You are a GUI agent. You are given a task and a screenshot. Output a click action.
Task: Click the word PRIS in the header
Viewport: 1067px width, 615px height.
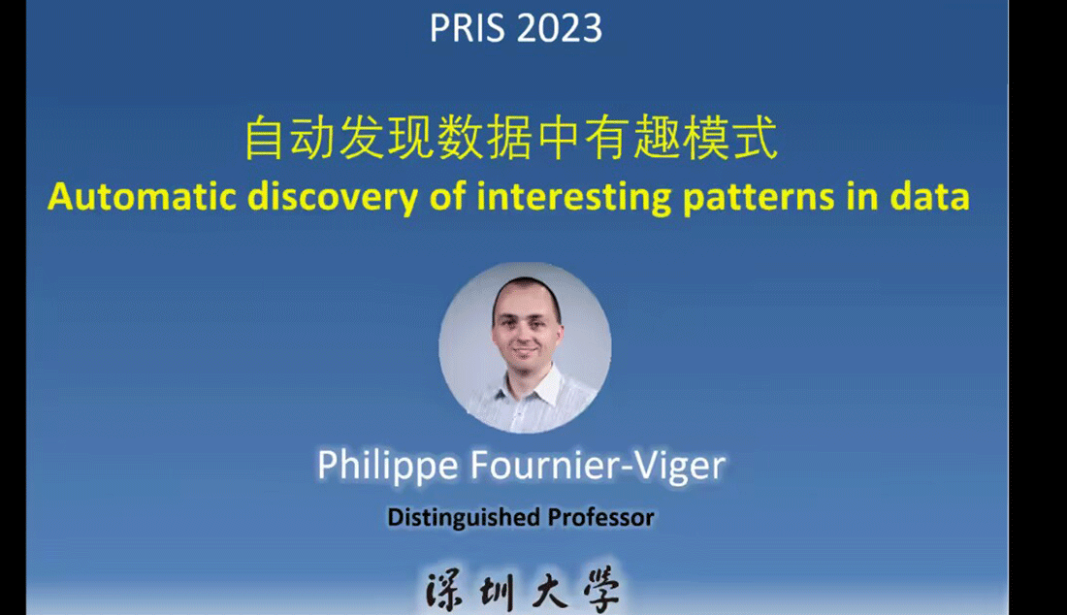467,28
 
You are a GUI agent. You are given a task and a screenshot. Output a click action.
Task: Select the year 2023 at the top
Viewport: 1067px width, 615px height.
560,28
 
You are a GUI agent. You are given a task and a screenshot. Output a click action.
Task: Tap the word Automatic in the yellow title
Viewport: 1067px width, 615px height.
143,197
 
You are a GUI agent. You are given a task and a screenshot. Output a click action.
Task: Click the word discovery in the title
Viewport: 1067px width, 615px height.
333,198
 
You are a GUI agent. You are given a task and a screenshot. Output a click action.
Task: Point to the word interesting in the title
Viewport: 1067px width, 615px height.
573,198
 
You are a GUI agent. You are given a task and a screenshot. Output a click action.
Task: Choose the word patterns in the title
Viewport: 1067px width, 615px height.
759,198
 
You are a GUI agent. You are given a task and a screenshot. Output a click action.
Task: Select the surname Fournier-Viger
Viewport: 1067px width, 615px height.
598,466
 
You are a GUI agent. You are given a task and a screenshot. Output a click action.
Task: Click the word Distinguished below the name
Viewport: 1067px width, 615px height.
464,518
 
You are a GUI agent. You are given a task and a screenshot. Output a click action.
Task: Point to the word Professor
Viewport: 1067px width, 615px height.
600,517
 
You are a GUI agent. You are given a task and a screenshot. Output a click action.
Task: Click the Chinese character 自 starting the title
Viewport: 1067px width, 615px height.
263,138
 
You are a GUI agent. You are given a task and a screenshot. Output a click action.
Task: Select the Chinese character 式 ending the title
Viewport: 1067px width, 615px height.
755,138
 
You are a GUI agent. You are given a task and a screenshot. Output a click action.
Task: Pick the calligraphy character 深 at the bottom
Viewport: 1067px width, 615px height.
444,591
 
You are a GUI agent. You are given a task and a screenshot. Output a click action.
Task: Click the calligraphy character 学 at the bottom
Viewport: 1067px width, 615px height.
601,591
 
